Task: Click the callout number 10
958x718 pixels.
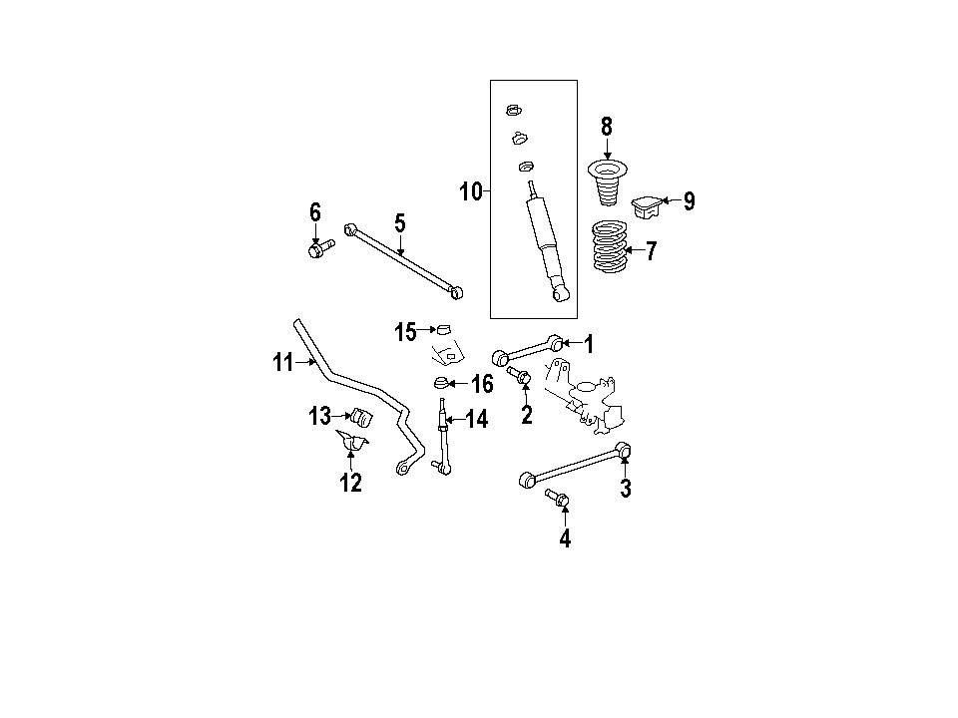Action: [471, 191]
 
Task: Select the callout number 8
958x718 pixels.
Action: [606, 127]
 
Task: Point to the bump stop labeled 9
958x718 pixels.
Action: [646, 206]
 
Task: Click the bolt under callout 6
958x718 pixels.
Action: [321, 248]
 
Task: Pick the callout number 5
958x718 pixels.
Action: [399, 223]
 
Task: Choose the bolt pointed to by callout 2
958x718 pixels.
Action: [519, 374]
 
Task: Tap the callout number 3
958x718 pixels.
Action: [626, 489]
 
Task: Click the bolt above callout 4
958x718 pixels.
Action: [557, 498]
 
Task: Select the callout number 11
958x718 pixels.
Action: [282, 363]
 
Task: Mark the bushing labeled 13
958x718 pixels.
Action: [361, 417]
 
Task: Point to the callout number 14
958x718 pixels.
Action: [477, 420]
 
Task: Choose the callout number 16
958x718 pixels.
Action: [482, 384]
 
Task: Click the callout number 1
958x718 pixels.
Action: [589, 344]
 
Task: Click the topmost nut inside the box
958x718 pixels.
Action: [513, 111]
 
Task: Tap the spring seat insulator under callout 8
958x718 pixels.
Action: [607, 181]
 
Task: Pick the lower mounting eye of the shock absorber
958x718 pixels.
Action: [560, 294]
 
